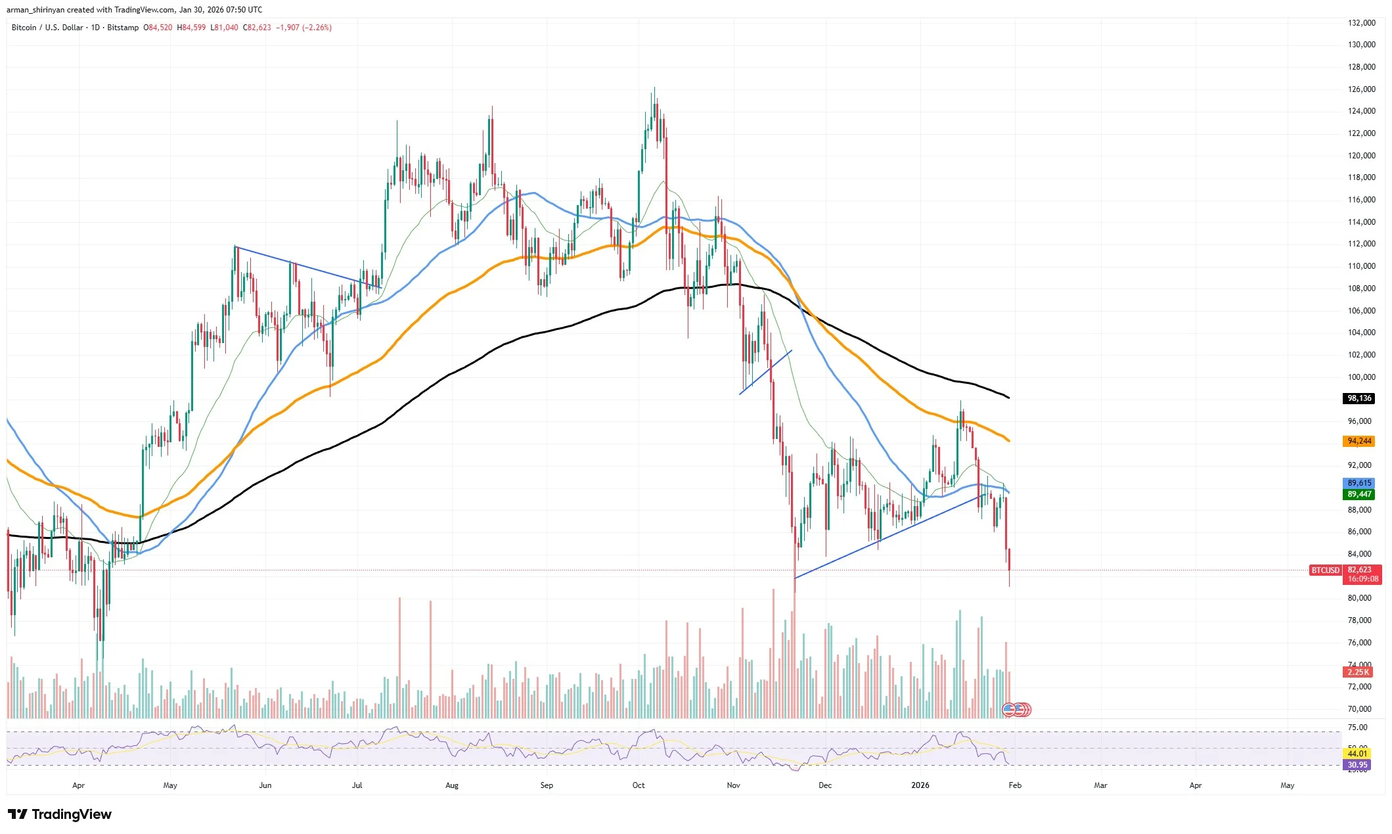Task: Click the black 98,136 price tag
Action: point(1358,398)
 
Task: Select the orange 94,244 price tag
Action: point(1358,441)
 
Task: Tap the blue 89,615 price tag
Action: point(1358,483)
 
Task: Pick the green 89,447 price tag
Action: point(1358,494)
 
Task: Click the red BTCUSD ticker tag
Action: point(1325,570)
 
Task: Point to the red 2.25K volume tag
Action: point(1358,672)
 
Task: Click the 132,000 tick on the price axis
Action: point(1361,23)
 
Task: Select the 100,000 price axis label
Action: point(1361,377)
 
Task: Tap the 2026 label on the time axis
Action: point(920,785)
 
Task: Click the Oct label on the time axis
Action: point(639,785)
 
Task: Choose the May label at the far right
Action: point(1287,785)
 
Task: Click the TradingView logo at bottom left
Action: point(60,814)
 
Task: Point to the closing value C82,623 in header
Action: point(257,28)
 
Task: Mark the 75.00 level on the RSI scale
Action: point(1357,728)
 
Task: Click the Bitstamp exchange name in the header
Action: point(123,28)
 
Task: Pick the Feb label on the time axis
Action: point(1014,785)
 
